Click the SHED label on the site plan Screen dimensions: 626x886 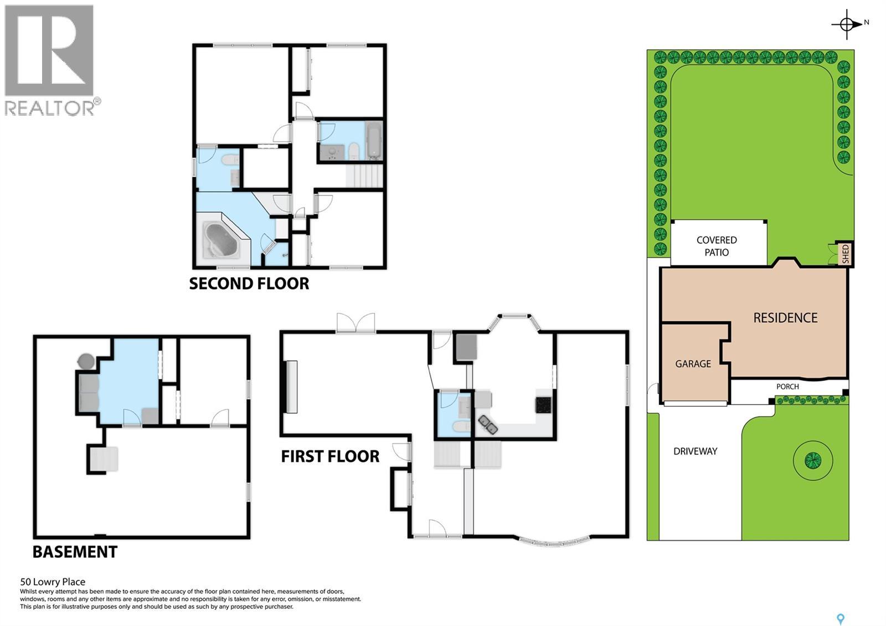coord(845,254)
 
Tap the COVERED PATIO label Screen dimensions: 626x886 coord(717,246)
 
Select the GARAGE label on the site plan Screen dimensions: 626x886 coord(693,364)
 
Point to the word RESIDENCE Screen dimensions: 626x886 coord(785,318)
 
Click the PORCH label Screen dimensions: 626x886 coord(787,387)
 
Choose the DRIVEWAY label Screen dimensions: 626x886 coord(695,451)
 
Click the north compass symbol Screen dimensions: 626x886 coord(847,24)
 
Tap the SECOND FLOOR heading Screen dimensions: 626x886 coord(249,284)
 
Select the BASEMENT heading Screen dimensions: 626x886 coord(75,552)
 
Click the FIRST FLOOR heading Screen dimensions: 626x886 coord(330,456)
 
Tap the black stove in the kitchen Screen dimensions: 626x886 coord(543,405)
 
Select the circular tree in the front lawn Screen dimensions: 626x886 coord(812,460)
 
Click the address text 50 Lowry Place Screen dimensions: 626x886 coord(53,582)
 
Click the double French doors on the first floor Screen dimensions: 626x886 coord(356,322)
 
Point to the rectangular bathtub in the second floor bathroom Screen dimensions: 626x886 coord(374,140)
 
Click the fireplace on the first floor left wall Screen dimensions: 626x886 coord(290,386)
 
